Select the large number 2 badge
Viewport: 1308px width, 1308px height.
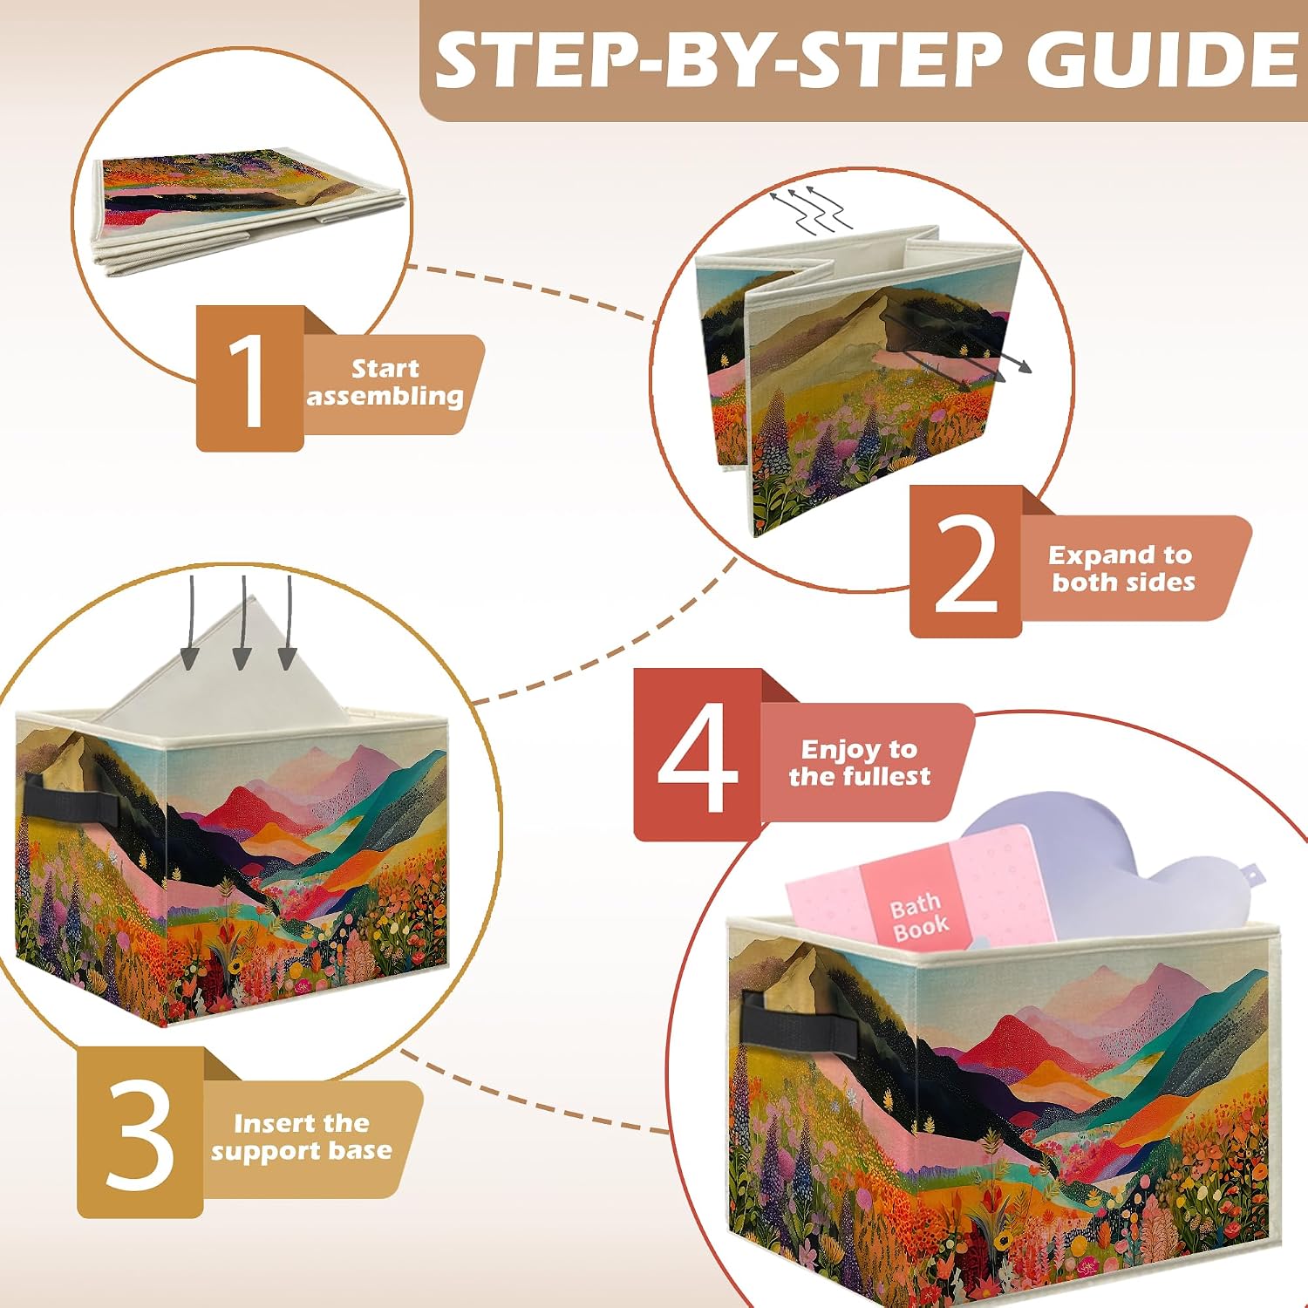click(965, 562)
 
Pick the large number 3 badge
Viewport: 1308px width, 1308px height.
click(140, 1133)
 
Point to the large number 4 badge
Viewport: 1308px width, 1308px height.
click(698, 755)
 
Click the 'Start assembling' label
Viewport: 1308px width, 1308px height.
click(385, 382)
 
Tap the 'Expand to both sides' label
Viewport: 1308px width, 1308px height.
click(1122, 569)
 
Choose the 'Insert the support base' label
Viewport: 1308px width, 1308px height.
click(301, 1137)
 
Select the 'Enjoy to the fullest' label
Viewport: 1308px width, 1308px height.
click(859, 762)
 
